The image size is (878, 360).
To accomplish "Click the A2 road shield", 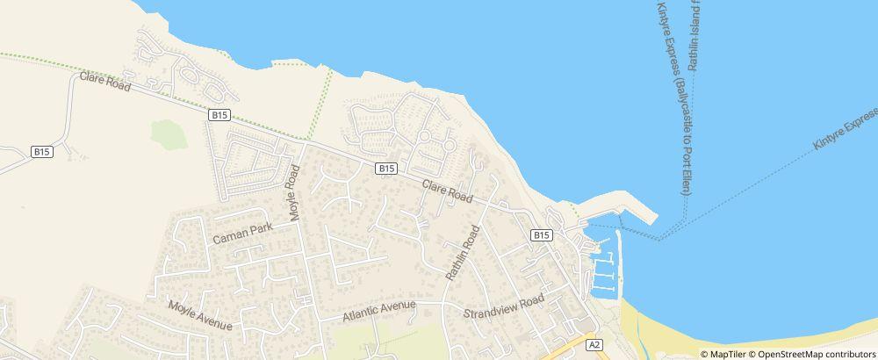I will pos(594,345).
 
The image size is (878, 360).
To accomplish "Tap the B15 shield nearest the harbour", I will pos(541,235).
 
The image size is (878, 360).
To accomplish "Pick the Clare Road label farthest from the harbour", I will pos(104,83).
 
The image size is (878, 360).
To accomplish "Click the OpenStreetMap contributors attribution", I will pos(816,354).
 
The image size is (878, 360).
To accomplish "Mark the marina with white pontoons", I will pos(604,272).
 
